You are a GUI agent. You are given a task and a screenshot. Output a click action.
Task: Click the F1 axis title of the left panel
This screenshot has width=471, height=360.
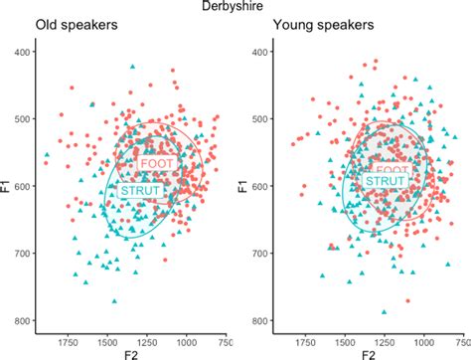click(x=8, y=185)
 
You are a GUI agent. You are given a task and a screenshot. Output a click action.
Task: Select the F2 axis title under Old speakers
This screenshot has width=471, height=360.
click(x=128, y=353)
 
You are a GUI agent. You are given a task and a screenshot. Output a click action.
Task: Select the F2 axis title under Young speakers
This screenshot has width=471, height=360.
click(x=368, y=353)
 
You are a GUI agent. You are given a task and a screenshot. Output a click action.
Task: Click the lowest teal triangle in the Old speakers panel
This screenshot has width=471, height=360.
click(x=115, y=301)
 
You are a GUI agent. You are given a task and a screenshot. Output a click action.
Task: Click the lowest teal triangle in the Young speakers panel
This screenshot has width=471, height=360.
click(x=385, y=312)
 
